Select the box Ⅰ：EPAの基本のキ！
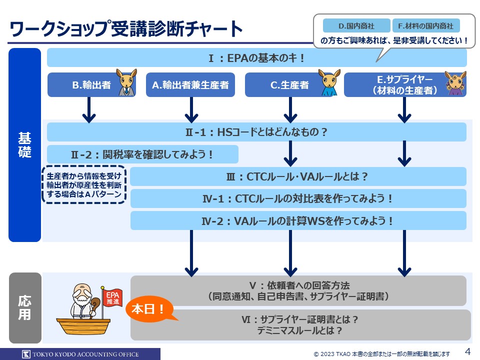[256, 58]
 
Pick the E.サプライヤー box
[404, 85]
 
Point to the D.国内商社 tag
[356, 25]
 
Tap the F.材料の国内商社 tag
[426, 25]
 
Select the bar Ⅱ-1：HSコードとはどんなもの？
[256, 132]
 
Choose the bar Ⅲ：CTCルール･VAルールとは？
[298, 176]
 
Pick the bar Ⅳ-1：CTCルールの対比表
[298, 198]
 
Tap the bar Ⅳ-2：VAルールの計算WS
[298, 220]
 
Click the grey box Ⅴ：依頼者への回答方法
[298, 290]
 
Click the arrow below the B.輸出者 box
[88, 110]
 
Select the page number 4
[468, 350]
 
